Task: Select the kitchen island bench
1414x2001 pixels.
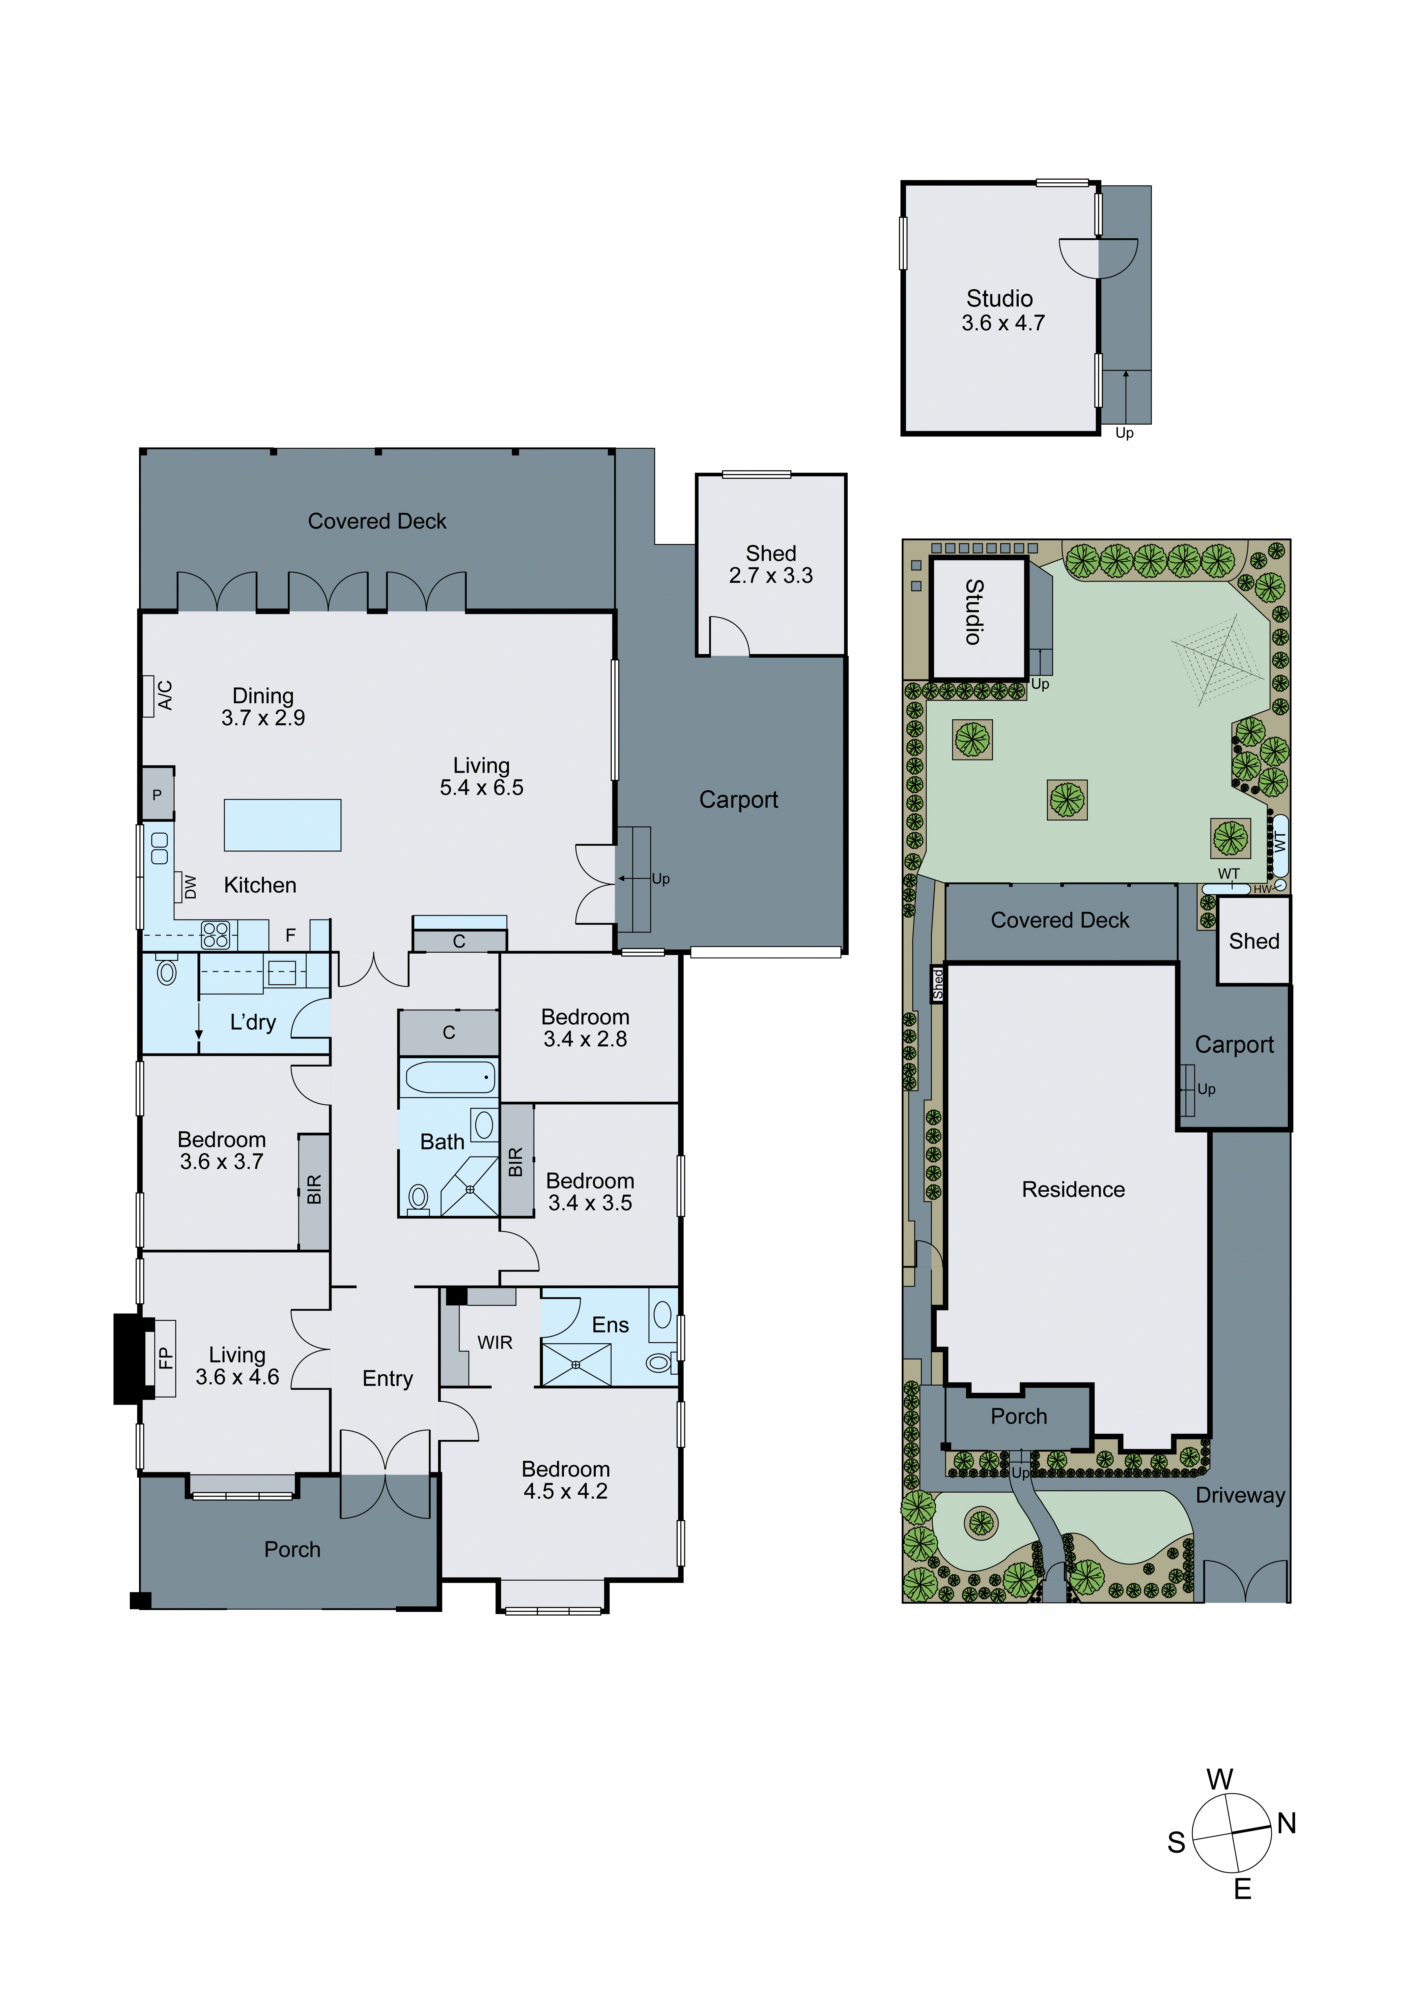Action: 282,824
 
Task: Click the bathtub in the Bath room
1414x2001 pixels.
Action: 450,1077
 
